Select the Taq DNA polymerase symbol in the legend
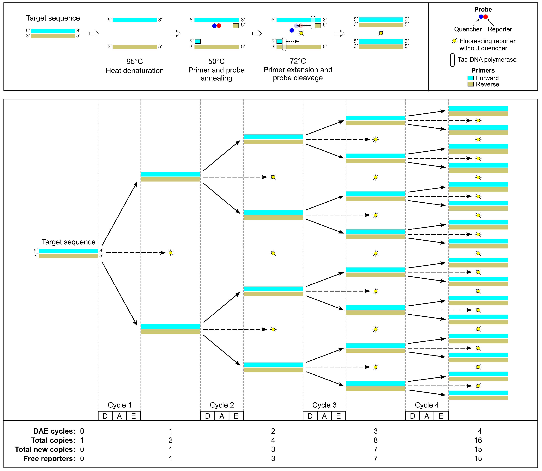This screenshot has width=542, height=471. (x=452, y=60)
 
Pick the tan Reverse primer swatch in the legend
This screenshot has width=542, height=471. (x=471, y=84)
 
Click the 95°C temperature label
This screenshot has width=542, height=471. (x=135, y=61)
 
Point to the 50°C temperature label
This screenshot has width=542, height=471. (x=216, y=61)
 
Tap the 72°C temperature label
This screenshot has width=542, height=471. (x=298, y=61)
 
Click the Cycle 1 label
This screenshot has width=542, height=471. (x=120, y=405)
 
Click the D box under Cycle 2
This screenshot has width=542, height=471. (x=208, y=416)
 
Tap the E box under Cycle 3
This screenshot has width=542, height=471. (x=338, y=416)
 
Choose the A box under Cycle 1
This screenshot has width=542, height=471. (x=119, y=416)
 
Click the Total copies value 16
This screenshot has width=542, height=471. (x=478, y=440)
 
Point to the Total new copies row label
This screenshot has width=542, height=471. (x=45, y=449)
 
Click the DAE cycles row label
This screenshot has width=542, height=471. (x=54, y=431)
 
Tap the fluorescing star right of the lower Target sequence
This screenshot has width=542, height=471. (x=170, y=253)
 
